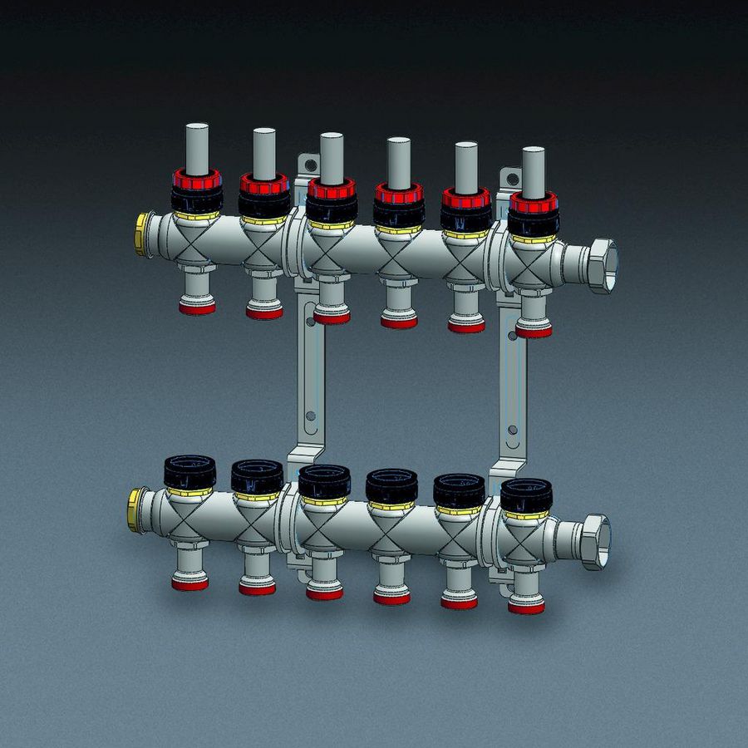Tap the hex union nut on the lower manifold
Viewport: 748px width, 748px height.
point(594,541)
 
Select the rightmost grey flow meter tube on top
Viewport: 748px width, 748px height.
point(533,169)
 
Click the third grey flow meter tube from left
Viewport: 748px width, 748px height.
point(332,157)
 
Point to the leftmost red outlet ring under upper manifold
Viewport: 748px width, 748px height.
point(197,308)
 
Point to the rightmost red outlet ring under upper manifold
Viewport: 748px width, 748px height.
point(533,332)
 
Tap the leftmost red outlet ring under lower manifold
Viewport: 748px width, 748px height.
point(190,584)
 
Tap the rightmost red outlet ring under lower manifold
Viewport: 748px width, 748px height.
point(526,608)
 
